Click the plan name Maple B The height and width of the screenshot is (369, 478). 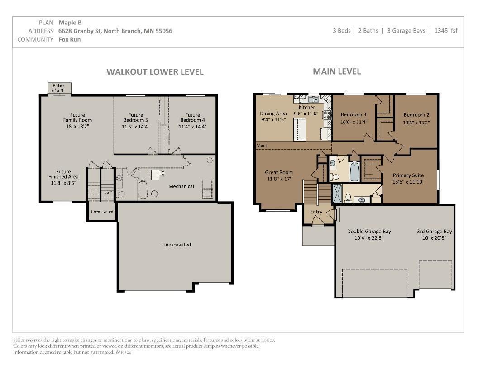tap(70, 23)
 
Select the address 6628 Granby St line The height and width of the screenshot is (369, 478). tap(115, 31)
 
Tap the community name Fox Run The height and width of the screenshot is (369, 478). tap(70, 39)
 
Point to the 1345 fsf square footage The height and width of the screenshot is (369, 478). tap(446, 30)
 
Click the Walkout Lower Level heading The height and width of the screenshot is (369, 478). tap(155, 72)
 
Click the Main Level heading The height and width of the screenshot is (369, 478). tap(337, 71)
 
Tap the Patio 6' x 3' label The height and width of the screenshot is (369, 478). tap(58, 88)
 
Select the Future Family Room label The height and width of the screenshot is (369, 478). tap(77, 120)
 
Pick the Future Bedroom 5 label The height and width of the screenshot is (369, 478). tap(136, 121)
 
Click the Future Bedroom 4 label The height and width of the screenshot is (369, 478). tap(193, 121)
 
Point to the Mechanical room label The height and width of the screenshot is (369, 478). tap(181, 186)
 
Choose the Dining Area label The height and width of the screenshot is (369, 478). tap(273, 114)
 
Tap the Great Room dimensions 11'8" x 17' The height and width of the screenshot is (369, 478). tap(279, 179)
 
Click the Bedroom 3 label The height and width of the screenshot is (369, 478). tap(354, 114)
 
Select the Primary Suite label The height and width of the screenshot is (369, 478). tap(408, 175)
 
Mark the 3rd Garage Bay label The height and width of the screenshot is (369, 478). tap(435, 232)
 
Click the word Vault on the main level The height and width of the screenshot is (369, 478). tap(262, 146)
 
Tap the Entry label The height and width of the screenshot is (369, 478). tap(316, 212)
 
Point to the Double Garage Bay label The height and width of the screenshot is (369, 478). tap(369, 232)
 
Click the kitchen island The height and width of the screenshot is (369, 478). tap(299, 130)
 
